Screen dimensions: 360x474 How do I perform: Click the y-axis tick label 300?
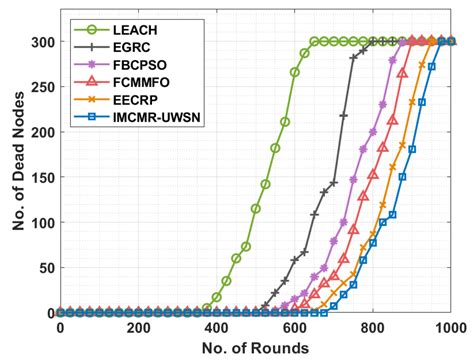pos(40,42)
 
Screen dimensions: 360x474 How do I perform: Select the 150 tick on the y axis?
pos(40,177)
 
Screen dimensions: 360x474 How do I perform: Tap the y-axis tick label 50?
pos(44,268)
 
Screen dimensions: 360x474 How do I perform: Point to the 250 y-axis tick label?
pos(40,87)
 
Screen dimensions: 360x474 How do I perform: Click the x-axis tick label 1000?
pos(450,327)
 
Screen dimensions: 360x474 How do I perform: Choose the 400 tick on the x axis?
pos(216,327)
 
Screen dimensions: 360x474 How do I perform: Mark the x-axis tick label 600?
pos(294,327)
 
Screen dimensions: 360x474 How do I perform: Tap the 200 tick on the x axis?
pos(138,327)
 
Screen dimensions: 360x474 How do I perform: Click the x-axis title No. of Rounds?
pos(255,347)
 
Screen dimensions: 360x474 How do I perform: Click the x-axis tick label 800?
pos(372,327)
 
